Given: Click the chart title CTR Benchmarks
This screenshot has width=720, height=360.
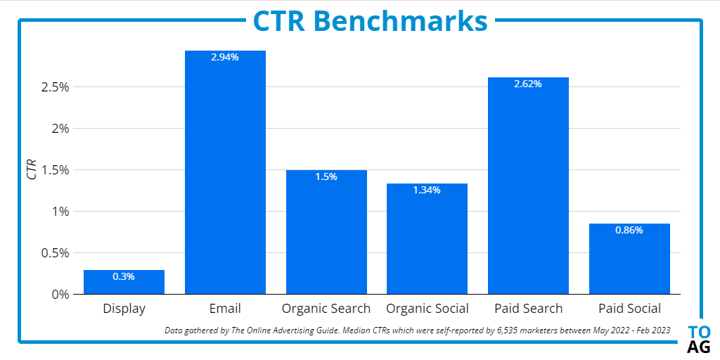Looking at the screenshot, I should coord(370,20).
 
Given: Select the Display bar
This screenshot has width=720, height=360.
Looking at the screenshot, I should coord(124,282).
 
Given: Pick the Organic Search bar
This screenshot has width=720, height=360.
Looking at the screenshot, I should coord(326,232).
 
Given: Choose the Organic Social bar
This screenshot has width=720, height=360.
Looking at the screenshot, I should coord(427,239).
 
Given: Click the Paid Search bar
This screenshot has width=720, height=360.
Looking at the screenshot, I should coord(528,186).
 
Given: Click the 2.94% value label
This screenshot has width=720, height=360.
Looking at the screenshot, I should coord(225,58).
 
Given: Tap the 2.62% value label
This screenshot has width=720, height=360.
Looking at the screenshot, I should coord(528,84).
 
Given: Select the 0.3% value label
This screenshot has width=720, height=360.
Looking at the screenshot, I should coord(124,276).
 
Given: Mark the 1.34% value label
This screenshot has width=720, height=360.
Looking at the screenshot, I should coord(427,190).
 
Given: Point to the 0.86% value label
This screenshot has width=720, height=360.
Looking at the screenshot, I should coord(629,230).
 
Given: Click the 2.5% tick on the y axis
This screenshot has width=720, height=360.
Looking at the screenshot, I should coord(56,87).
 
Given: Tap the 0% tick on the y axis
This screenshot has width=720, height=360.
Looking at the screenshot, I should coord(60,294).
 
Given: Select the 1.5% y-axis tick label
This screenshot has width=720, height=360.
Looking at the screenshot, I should coord(56,170).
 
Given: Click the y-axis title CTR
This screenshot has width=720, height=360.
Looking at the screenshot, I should coord(32,170).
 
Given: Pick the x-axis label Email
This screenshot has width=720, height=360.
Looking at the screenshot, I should coord(225,309).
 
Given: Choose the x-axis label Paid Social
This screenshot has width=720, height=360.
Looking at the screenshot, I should coord(629,309).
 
